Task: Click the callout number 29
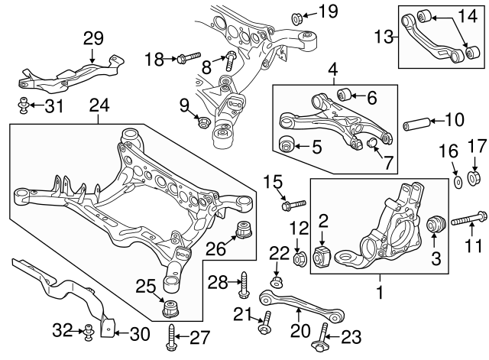[x=92, y=37]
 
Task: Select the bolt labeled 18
[x=189, y=57]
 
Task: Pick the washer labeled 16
[x=457, y=182]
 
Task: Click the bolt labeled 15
[x=293, y=204]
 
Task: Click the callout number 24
[x=99, y=103]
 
